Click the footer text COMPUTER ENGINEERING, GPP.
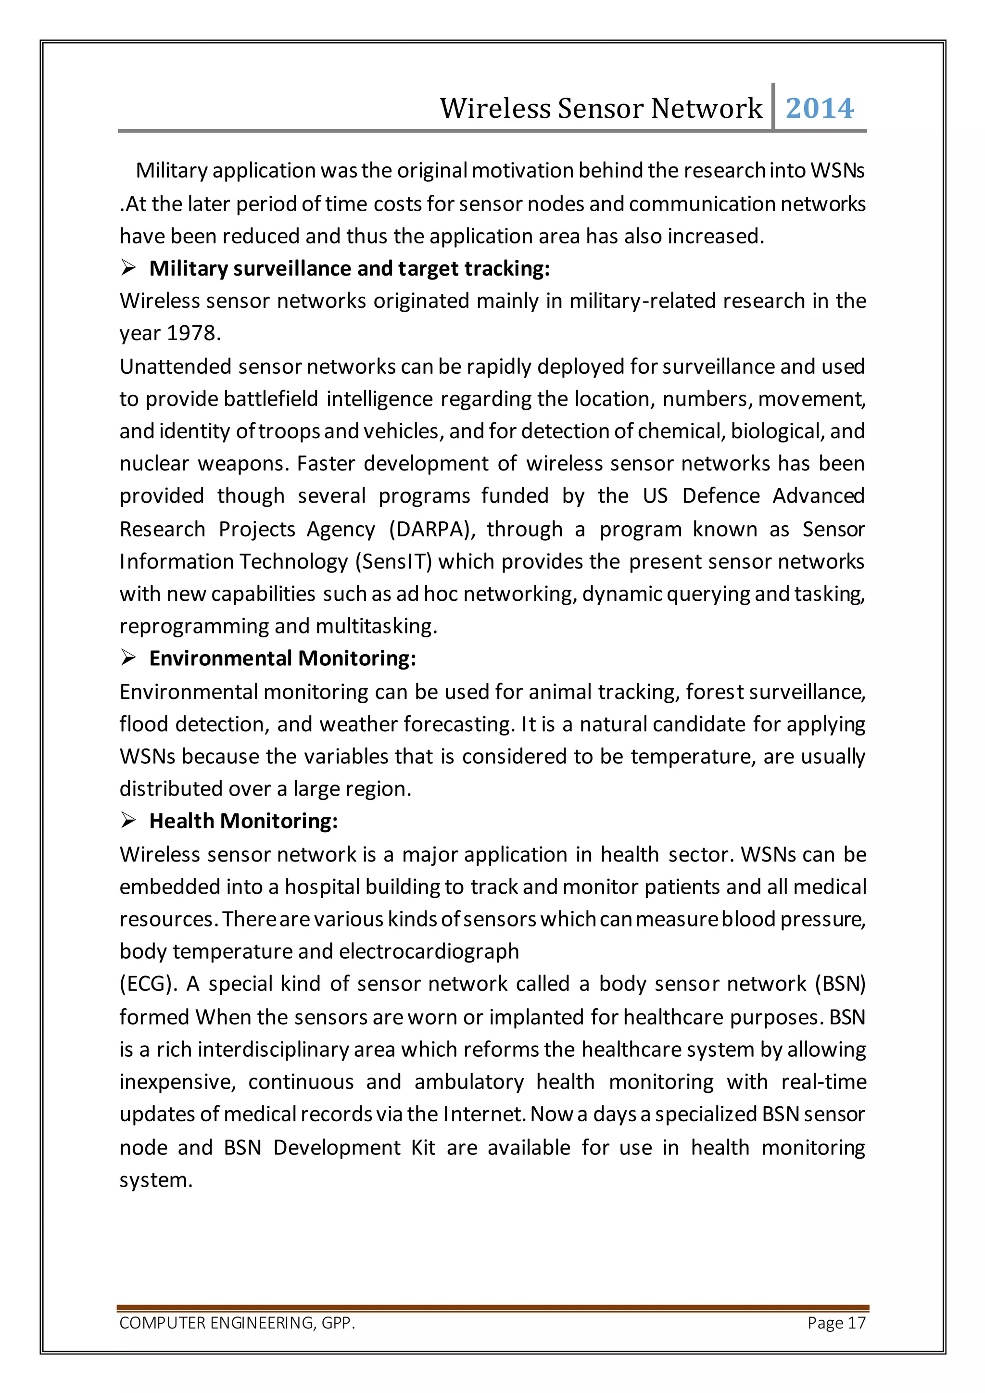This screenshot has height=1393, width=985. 237,1323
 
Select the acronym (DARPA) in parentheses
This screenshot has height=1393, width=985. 432,529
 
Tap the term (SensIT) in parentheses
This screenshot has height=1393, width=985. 393,562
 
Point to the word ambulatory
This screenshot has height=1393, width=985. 469,1082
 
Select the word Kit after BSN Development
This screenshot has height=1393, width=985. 423,1147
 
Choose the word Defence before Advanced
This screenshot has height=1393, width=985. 720,496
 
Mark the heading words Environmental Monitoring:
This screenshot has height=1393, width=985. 283,659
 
